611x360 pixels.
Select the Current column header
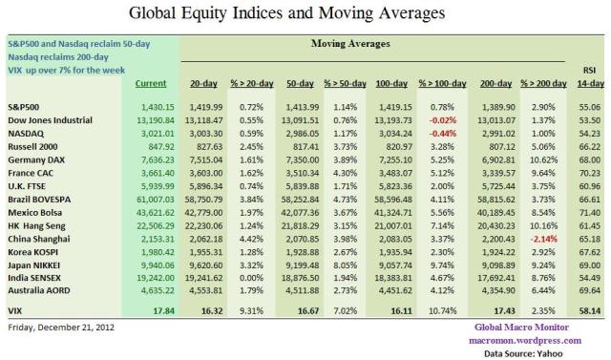point(150,84)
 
